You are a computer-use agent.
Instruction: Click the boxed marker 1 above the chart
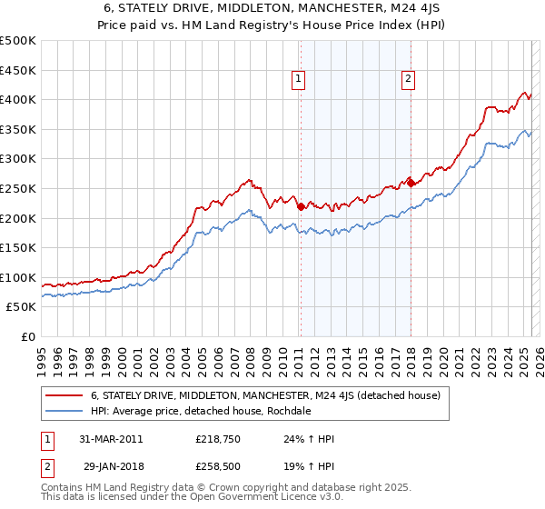pos(299,80)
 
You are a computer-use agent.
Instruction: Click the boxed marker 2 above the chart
pos(409,80)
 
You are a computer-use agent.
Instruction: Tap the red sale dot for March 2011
pos(301,206)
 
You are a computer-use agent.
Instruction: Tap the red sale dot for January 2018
pos(411,183)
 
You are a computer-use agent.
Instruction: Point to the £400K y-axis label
pos(18,99)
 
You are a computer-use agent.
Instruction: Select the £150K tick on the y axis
pos(18,247)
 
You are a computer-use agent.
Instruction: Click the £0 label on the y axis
pos(28,336)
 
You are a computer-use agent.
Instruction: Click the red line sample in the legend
pos(64,395)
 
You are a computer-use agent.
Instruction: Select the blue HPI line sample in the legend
pos(64,411)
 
